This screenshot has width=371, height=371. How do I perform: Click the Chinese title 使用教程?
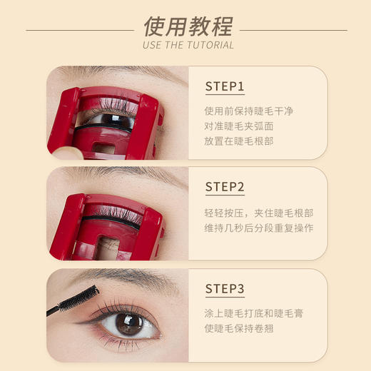pyautogui.click(x=187, y=27)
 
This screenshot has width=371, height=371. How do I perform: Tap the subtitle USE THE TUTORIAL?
pyautogui.click(x=188, y=45)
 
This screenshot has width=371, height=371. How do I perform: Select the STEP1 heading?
pyautogui.click(x=225, y=87)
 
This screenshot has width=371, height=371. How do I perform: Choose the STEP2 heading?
pyautogui.click(x=225, y=188)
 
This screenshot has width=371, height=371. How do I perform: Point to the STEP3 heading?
pyautogui.click(x=225, y=289)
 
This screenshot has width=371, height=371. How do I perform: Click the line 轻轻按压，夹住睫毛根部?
pyautogui.click(x=258, y=213)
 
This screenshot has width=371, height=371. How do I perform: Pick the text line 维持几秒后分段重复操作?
pyautogui.click(x=258, y=228)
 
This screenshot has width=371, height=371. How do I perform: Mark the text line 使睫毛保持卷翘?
pyautogui.click(x=239, y=328)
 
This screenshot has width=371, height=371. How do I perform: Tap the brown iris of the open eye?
pyautogui.click(x=129, y=324)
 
